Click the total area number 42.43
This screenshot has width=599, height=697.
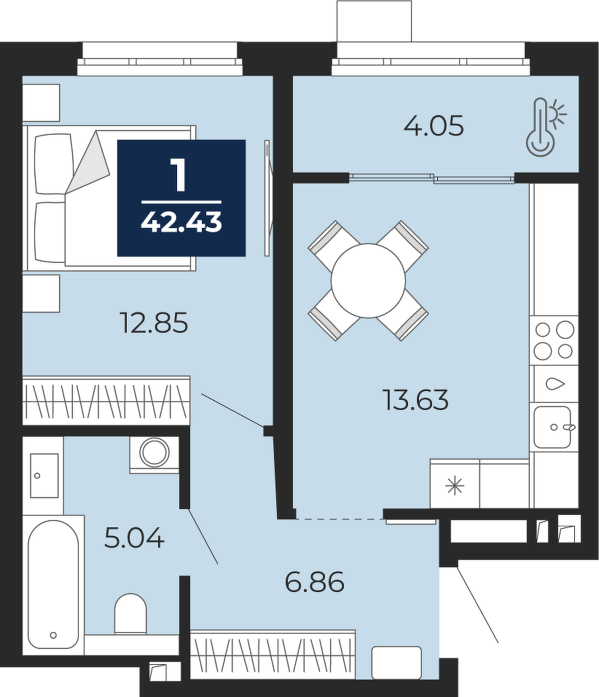[x=181, y=222]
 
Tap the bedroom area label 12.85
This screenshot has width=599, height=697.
[x=154, y=323]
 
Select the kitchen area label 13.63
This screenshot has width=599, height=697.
[x=415, y=399]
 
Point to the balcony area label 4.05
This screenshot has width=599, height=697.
[x=434, y=125]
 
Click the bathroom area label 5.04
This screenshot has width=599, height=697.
[x=134, y=537]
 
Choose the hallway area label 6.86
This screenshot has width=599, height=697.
[x=315, y=582]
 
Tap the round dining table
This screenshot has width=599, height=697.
[x=368, y=280]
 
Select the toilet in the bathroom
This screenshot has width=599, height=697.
[x=130, y=614]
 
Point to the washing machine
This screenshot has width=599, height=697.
[x=154, y=454]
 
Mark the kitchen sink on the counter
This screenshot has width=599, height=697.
[x=553, y=428]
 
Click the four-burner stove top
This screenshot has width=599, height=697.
[x=554, y=341]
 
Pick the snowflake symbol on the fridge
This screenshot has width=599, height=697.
[x=455, y=486]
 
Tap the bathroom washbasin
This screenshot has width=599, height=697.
[x=44, y=475]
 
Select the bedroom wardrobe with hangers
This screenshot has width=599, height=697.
[x=106, y=400]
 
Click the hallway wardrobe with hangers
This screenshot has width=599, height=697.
[x=273, y=654]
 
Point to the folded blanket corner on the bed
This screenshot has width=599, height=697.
[x=88, y=162]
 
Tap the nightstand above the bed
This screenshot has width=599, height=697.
[x=41, y=102]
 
